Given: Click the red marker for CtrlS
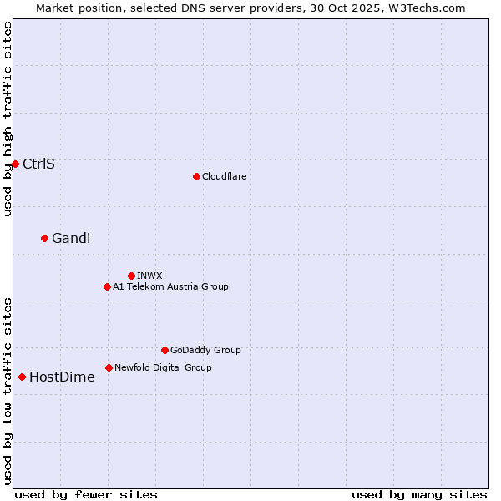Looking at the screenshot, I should [15, 164].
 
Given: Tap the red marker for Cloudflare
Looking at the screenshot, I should [196, 176].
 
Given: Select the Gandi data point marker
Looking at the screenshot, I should [44, 238].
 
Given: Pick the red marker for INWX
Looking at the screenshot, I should [131, 276].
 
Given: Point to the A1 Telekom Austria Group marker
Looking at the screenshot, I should [107, 286].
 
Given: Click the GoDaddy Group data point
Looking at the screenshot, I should [164, 350].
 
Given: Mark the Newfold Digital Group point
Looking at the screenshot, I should [109, 367].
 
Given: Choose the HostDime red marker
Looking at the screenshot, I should [22, 377].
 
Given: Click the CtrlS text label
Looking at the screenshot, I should [38, 164].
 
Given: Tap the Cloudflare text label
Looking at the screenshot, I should [224, 176].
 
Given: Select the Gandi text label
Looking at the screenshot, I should [71, 238].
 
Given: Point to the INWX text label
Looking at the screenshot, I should [149, 276].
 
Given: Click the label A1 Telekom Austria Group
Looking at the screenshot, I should [170, 286].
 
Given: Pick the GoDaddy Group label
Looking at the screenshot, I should [205, 350].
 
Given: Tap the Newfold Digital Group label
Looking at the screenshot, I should [163, 367].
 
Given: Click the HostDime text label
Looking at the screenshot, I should [62, 377].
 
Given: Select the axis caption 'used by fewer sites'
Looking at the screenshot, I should [86, 494].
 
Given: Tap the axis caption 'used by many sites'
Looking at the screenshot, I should [419, 494].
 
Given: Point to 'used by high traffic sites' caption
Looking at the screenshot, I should [8, 119].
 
